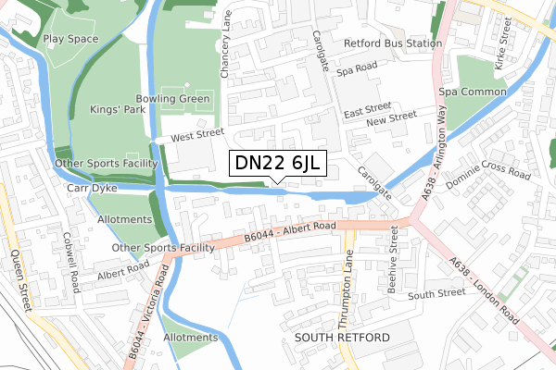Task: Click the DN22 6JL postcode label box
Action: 277,164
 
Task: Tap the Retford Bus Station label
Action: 392,43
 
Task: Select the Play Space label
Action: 69,39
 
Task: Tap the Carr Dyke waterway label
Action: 89,188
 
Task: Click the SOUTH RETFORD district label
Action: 342,339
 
